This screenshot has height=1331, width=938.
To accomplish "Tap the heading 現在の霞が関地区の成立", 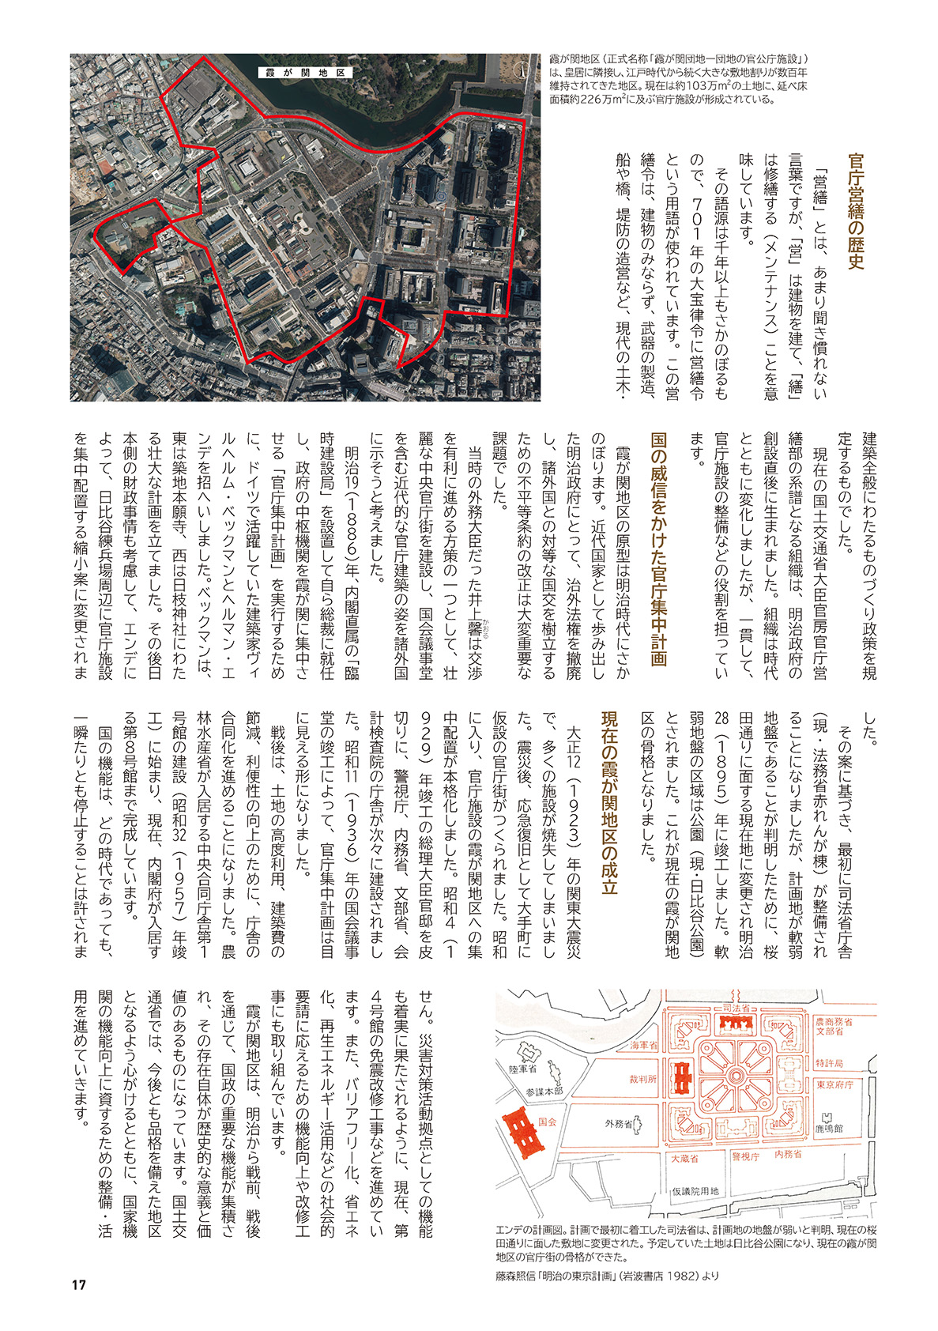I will tap(609, 801).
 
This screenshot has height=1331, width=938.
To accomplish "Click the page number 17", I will tap(78, 1284).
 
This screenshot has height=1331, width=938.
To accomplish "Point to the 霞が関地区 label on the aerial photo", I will tap(303, 72).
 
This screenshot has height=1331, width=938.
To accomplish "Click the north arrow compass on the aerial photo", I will tap(520, 70).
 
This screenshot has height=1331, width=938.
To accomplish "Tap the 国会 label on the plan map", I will tap(547, 1121).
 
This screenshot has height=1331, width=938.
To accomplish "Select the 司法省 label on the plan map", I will tap(736, 1009).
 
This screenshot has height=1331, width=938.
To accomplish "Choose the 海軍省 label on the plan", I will tap(644, 1046).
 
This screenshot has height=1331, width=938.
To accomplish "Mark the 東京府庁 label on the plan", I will tap(834, 1084).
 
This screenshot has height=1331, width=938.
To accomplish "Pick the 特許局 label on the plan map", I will tap(830, 1063).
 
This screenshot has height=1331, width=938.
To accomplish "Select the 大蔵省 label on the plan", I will tap(684, 1159).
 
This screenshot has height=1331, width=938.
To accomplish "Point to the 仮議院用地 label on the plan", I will tap(695, 1191).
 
